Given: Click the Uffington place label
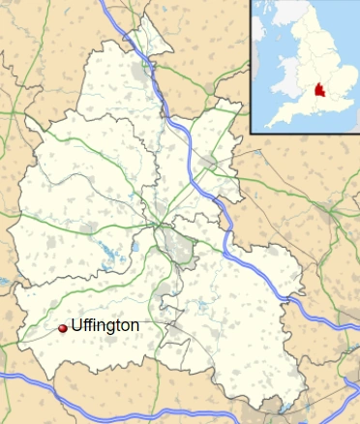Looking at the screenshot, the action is (105, 326).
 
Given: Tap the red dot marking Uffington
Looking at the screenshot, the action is (63, 328).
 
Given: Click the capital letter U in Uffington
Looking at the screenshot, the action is (76, 326).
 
